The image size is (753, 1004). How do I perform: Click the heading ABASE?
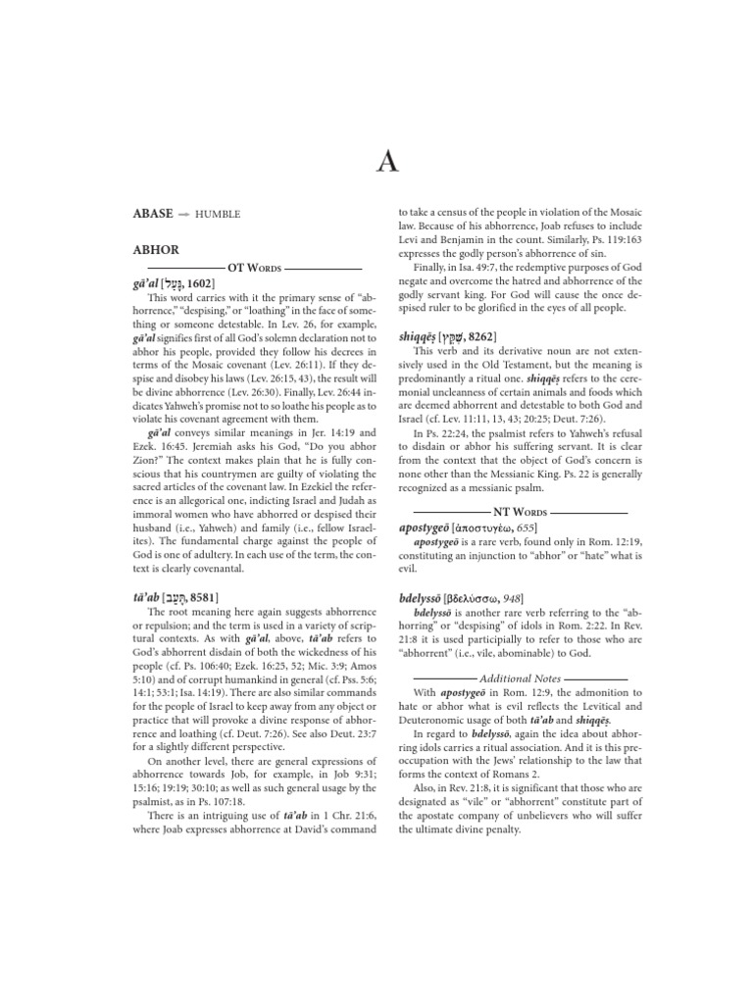153,213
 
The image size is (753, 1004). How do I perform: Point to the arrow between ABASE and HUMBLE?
183,214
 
